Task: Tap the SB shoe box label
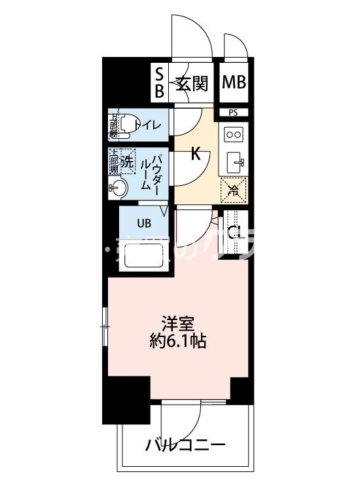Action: point(159,83)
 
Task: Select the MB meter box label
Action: point(234,82)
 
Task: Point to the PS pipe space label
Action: point(234,113)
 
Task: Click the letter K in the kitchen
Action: point(195,155)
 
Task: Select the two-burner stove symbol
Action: point(234,134)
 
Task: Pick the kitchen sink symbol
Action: point(234,161)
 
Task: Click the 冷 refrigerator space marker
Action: point(234,190)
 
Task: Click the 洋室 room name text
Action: point(178,323)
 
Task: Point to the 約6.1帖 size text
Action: point(178,341)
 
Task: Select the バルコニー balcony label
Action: point(185,446)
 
